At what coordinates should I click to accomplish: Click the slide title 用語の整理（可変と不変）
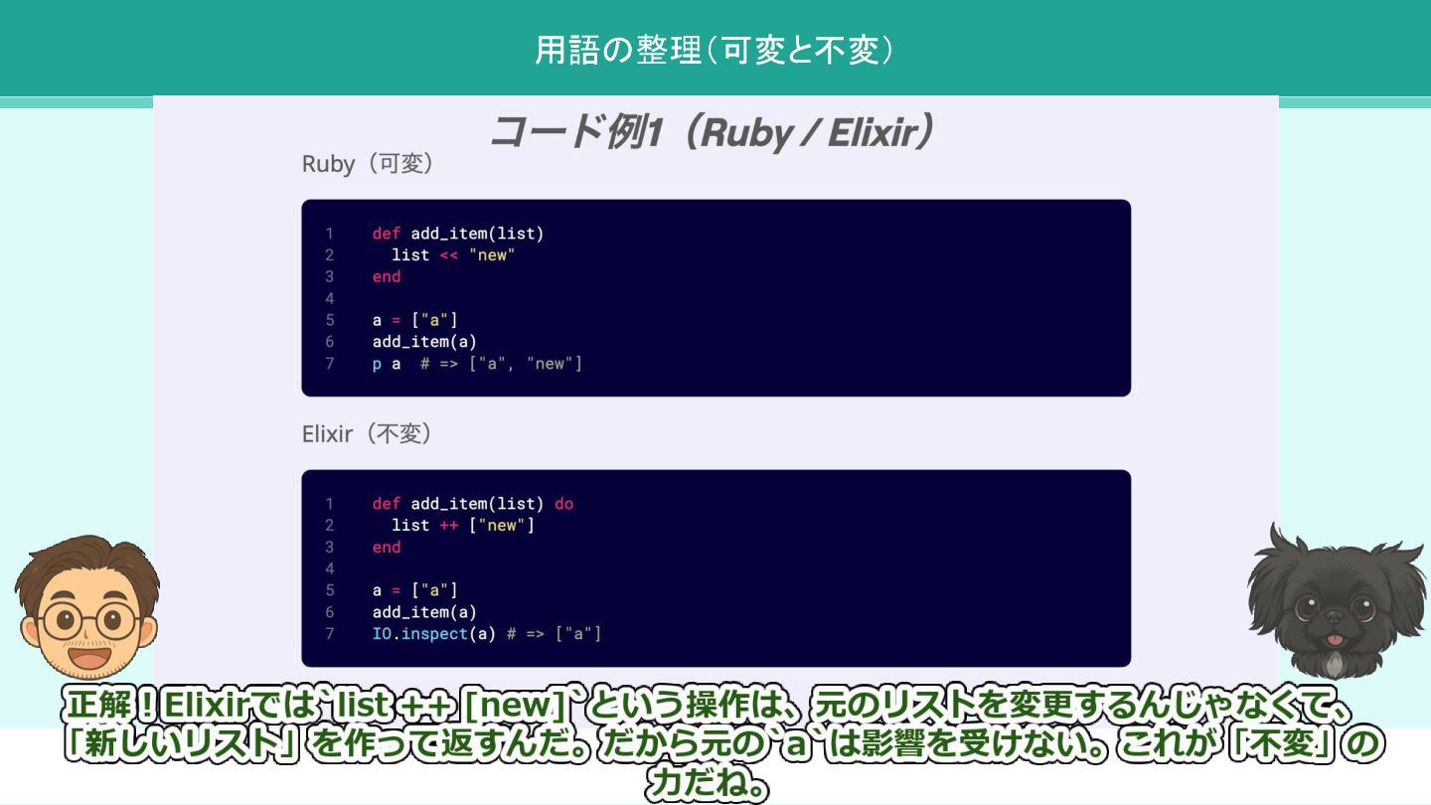point(715,50)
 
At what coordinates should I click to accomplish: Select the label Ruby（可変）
point(368,164)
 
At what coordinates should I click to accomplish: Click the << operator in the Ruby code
point(448,255)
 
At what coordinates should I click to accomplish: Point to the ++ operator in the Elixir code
point(448,526)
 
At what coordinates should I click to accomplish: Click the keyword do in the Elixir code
point(563,504)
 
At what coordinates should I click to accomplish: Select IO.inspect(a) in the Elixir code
point(433,634)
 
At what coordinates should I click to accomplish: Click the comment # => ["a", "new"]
point(501,364)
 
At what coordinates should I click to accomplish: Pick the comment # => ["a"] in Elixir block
point(554,634)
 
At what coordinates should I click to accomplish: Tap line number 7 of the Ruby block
point(330,364)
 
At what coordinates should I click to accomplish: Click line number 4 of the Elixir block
point(330,568)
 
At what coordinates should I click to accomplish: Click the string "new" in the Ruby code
point(492,255)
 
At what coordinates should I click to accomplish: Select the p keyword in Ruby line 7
point(377,364)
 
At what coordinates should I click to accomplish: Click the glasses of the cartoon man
point(89,621)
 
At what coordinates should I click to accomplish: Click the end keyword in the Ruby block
point(387,277)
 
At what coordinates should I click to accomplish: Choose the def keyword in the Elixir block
point(387,504)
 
